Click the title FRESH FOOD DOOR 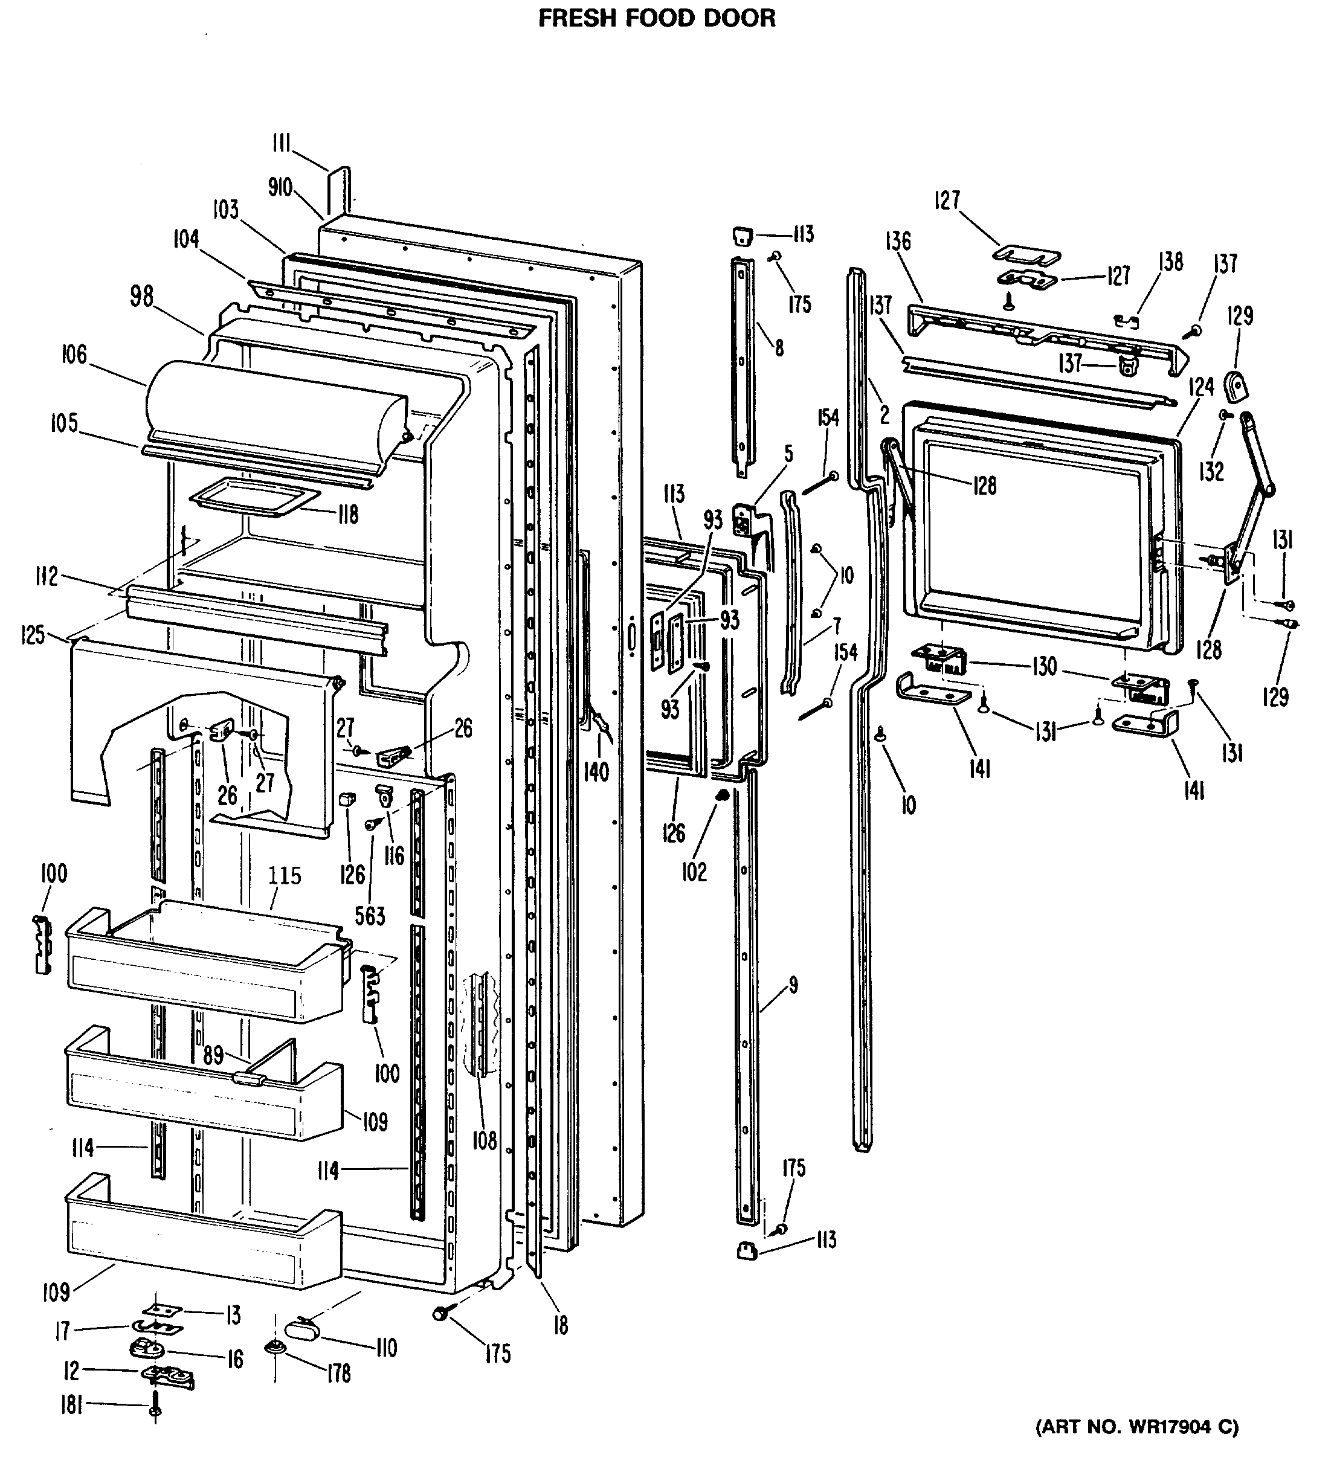pos(657,18)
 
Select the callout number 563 pos(370,916)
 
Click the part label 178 pos(338,1374)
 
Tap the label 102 pos(694,872)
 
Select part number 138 pos(1171,262)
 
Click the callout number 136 pos(898,240)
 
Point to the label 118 pos(348,515)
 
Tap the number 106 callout pos(74,356)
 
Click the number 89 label pos(213,1055)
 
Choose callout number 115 pos(285,875)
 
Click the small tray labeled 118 pos(255,498)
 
